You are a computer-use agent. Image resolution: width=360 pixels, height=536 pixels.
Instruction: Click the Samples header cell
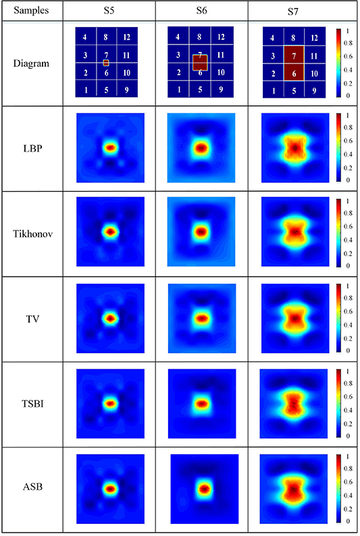click(x=31, y=11)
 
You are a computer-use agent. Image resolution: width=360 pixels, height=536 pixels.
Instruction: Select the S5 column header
click(x=109, y=11)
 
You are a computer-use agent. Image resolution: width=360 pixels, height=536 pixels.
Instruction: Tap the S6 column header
click(x=201, y=11)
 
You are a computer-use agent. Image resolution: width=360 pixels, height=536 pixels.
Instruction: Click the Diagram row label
click(x=31, y=63)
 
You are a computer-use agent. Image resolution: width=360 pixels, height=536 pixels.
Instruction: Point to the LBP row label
click(x=31, y=149)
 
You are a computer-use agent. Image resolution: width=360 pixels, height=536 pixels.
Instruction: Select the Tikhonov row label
click(x=31, y=234)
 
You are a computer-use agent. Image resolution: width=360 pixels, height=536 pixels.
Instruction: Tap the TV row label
click(x=31, y=319)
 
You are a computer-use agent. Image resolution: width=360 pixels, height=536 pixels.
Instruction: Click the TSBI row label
click(x=31, y=404)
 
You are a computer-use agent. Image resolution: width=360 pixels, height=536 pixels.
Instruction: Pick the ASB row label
click(x=31, y=489)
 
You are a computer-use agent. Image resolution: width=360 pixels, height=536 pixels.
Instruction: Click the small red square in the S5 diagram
click(x=106, y=63)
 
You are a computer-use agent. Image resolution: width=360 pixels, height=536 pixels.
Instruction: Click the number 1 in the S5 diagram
click(x=85, y=89)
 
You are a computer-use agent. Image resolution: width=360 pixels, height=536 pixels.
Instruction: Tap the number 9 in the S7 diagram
click(x=315, y=90)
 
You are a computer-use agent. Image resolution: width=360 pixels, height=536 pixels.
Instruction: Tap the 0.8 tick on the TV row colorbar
click(x=347, y=299)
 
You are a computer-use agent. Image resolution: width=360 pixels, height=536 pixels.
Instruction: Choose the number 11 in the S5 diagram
click(x=128, y=54)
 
